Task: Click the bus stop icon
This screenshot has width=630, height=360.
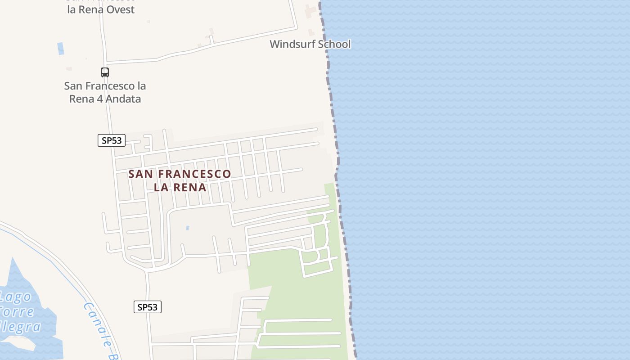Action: click(105, 72)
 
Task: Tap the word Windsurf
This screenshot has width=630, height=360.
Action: click(292, 44)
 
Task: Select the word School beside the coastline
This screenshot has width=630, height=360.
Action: click(334, 44)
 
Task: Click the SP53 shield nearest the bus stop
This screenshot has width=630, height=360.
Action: click(112, 140)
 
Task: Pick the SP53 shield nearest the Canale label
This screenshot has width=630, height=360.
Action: click(148, 307)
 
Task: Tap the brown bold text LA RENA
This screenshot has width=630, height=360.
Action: click(180, 187)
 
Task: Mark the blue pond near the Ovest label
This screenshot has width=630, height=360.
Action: click(61, 49)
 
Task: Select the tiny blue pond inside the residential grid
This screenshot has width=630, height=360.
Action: click(188, 228)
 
